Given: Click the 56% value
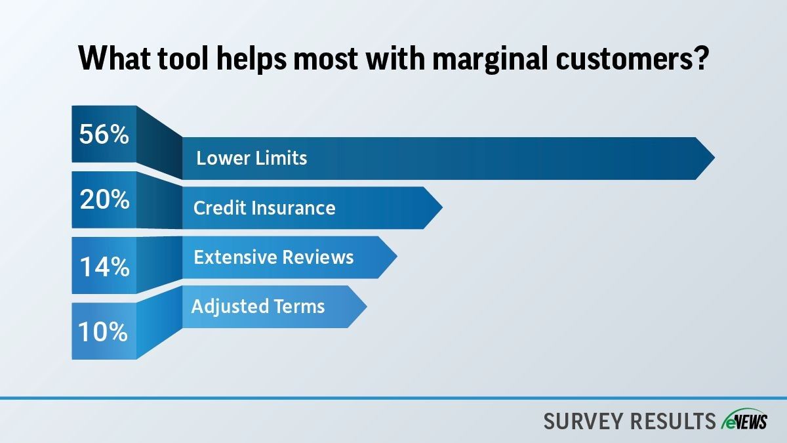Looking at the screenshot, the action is (104, 135).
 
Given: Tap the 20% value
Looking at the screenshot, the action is (105, 200).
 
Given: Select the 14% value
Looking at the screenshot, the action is (105, 266).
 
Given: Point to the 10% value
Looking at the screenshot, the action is (103, 331).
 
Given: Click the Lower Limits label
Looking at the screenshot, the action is (252, 158).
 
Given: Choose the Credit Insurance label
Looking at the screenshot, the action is (264, 208).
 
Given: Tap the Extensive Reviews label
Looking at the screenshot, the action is (273, 257).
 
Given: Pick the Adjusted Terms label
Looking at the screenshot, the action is (258, 306).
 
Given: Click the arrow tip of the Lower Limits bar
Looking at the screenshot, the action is (714, 158).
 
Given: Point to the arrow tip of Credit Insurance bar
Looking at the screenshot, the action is (442, 208).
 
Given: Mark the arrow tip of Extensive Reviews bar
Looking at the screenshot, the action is (397, 257).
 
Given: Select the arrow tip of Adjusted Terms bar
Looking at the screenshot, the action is (367, 306).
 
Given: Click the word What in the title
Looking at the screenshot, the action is (115, 58).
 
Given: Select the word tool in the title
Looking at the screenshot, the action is (183, 58).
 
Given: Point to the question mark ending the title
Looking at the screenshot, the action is (698, 58).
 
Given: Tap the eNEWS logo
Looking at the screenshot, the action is (744, 419).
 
